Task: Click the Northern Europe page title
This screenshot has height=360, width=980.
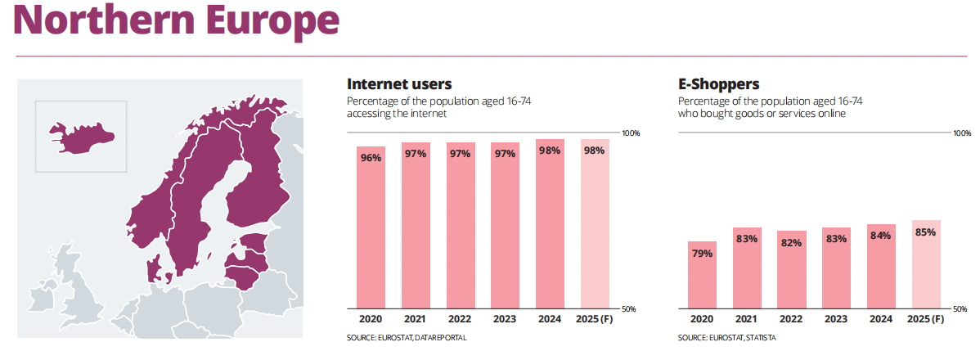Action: [x=176, y=22]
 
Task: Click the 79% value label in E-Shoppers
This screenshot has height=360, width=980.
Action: [x=702, y=253]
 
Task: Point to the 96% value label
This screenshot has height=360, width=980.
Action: [x=371, y=158]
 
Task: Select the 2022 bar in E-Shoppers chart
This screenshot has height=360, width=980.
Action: [x=791, y=269]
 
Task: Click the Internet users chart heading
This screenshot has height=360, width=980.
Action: [x=399, y=83]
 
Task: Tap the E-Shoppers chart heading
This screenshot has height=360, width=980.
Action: [x=718, y=83]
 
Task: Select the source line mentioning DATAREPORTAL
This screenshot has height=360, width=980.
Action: [x=407, y=338]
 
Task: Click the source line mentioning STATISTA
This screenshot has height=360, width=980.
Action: [x=727, y=338]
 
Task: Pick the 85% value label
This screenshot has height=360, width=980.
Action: [x=926, y=232]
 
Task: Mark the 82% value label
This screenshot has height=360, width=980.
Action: [x=791, y=242]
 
